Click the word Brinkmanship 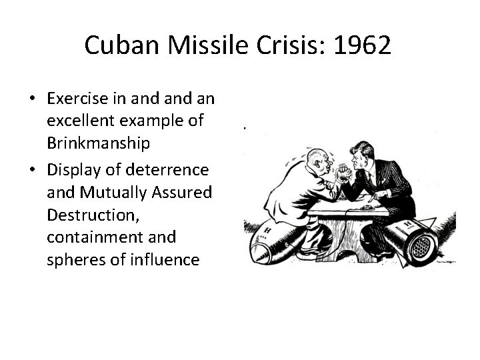click(x=99, y=143)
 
